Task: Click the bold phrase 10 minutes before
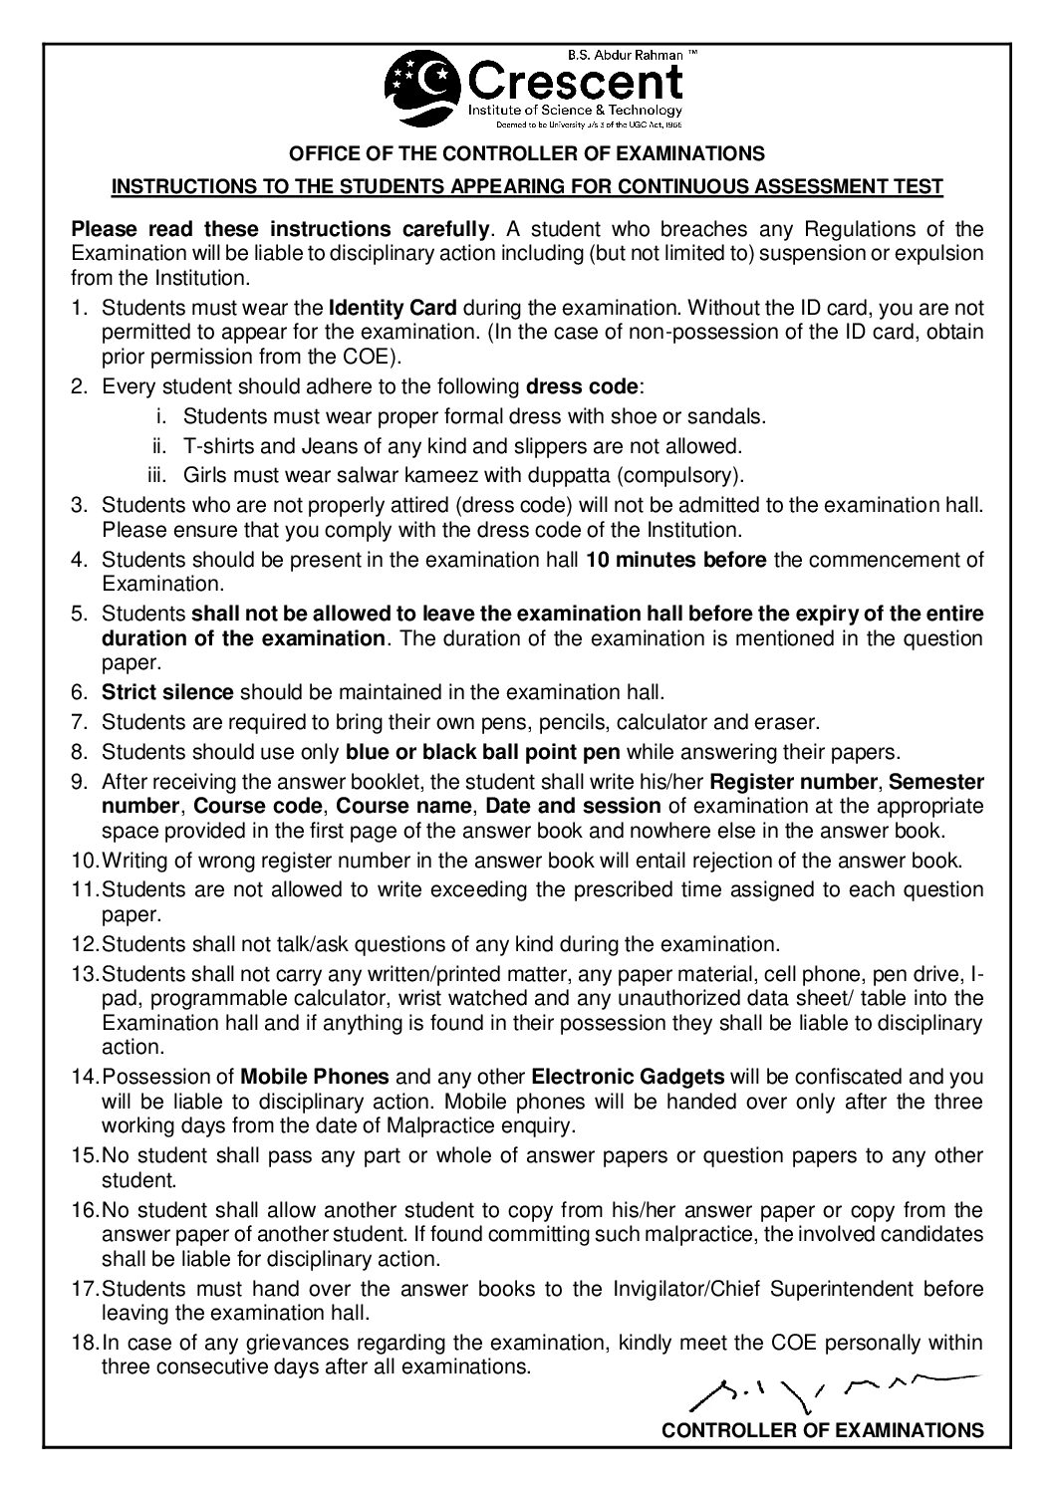tap(676, 560)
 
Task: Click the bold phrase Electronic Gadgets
tap(628, 1076)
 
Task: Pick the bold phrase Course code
tap(258, 805)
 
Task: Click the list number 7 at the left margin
tap(80, 721)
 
